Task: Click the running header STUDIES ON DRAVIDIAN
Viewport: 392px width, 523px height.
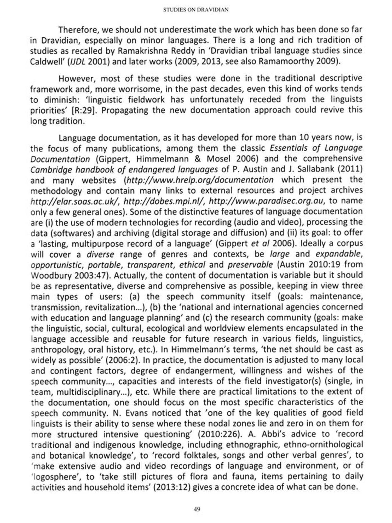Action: tap(196, 10)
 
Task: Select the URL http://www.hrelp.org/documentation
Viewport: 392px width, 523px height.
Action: tap(200, 180)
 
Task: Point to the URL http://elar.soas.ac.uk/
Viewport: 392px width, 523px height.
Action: tap(75, 201)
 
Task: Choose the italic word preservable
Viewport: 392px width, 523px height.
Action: tap(250, 265)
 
